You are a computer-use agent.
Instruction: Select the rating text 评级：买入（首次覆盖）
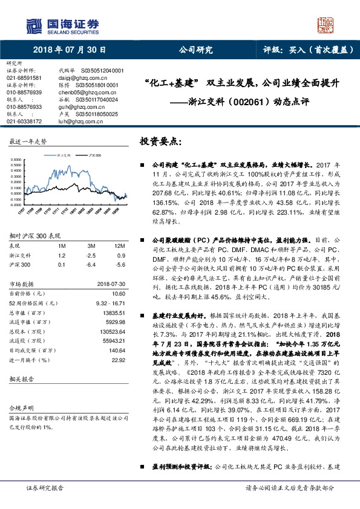click(x=309, y=50)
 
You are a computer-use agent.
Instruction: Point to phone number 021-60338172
click(x=24, y=121)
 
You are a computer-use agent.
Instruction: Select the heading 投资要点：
click(x=160, y=141)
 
